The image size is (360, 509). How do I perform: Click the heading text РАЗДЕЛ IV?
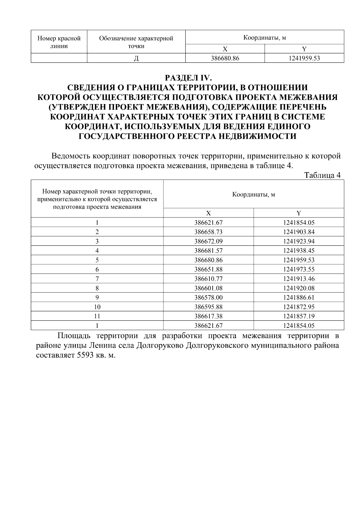(189, 78)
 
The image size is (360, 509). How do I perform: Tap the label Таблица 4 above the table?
(322, 175)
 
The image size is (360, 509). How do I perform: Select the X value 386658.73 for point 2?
(208, 232)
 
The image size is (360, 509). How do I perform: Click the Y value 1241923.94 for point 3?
(299, 241)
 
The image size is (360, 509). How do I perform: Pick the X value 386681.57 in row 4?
(208, 250)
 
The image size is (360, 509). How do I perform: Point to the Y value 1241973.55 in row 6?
(299, 269)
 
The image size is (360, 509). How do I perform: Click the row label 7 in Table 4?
(97, 279)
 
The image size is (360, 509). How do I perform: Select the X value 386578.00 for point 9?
(208, 297)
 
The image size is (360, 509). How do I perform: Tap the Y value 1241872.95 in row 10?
(299, 307)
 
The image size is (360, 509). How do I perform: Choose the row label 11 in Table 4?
(97, 316)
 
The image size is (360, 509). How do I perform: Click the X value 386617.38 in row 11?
(208, 316)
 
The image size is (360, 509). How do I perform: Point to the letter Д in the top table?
(136, 58)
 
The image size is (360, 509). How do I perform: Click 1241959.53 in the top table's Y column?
(304, 58)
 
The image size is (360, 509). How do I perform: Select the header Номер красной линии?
(59, 42)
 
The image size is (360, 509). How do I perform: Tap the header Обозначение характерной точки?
(136, 42)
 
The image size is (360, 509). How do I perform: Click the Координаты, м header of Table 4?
(253, 194)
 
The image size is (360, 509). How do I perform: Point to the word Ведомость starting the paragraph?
(71, 156)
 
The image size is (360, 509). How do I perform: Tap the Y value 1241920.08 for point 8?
(299, 288)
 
